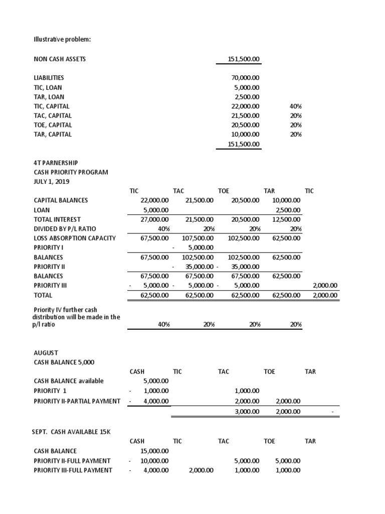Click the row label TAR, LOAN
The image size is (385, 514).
coord(49,97)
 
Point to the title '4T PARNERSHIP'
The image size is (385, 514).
coord(56,163)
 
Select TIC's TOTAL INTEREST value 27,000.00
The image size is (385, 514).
coord(155,219)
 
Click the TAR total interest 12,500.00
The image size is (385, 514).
coord(286,219)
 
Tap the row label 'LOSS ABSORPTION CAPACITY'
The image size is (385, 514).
coord(75,238)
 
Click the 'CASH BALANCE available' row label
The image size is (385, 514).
coord(69,381)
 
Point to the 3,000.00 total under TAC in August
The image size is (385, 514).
coord(247,412)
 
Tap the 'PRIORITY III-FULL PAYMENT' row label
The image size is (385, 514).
coord(73,470)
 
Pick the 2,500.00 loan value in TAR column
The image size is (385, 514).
coord(288,210)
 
